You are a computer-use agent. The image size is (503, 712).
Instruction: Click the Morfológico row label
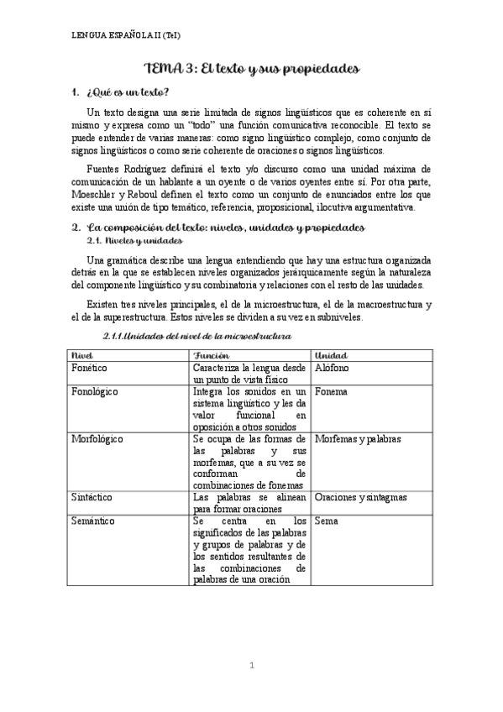[98, 439]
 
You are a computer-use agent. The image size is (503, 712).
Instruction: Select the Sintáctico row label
[92, 497]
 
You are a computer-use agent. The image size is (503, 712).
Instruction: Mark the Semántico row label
[93, 521]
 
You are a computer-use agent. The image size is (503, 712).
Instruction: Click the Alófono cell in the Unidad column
[332, 369]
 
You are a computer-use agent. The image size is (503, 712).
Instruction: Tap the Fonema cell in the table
[331, 392]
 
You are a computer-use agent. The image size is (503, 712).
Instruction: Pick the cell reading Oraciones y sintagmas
[360, 497]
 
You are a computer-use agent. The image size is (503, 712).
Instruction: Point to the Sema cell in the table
[325, 521]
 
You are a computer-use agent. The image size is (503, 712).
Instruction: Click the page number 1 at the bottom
[252, 666]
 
